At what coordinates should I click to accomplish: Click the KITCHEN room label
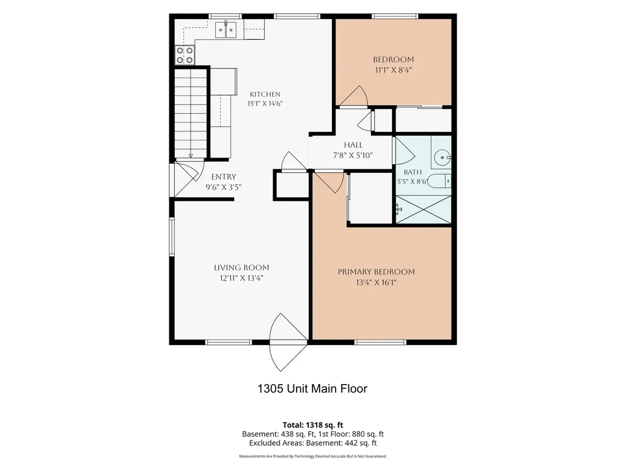pyautogui.click(x=265, y=95)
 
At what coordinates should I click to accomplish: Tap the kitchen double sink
pyautogui.click(x=226, y=30)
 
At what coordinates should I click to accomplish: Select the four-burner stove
pyautogui.click(x=185, y=55)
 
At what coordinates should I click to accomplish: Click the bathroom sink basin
pyautogui.click(x=442, y=157)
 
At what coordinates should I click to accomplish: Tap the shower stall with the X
pyautogui.click(x=424, y=209)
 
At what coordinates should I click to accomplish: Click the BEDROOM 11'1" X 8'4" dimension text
pyautogui.click(x=393, y=70)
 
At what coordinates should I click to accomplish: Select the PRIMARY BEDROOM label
pyautogui.click(x=377, y=272)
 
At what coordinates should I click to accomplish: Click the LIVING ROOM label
pyautogui.click(x=241, y=267)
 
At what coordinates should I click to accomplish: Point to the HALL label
pyautogui.click(x=353, y=145)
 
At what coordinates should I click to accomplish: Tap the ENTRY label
pyautogui.click(x=224, y=176)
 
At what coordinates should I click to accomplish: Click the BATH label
pyautogui.click(x=413, y=172)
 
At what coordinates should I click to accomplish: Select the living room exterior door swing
pyautogui.click(x=289, y=342)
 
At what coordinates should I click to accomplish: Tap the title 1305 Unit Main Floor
pyautogui.click(x=312, y=389)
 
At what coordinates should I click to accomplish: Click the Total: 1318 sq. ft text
pyautogui.click(x=313, y=425)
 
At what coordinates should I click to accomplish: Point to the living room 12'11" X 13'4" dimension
pyautogui.click(x=241, y=278)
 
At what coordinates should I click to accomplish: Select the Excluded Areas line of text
pyautogui.click(x=313, y=443)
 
